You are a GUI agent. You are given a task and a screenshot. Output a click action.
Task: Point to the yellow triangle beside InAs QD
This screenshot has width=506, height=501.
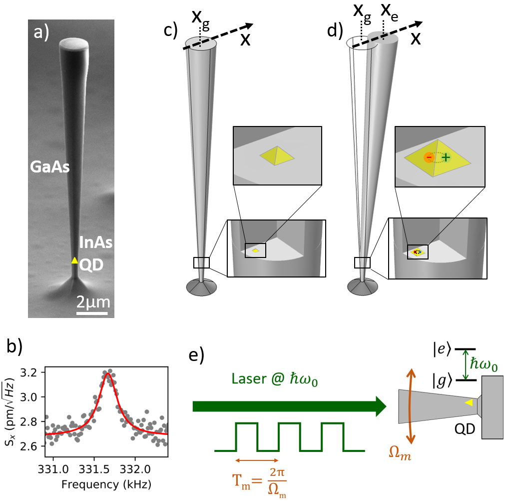tap(74, 260)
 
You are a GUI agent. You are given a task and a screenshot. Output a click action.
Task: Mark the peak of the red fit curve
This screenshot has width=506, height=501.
tap(107, 372)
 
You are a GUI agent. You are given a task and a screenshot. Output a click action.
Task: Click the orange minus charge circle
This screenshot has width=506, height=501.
tap(428, 157)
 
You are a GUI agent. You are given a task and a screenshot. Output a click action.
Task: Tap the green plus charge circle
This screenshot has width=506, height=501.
tap(446, 157)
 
